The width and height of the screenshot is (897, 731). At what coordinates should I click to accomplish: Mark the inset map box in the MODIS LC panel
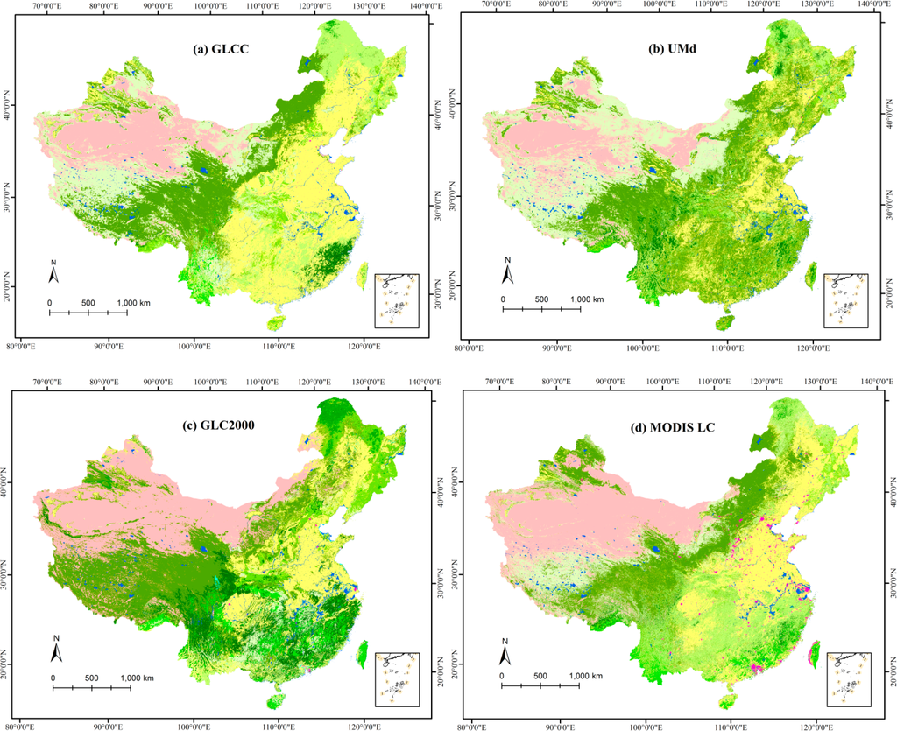pos(846,678)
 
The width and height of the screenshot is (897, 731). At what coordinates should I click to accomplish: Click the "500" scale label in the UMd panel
pos(541,299)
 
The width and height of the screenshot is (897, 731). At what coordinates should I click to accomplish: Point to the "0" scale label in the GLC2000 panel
pos(53,678)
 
